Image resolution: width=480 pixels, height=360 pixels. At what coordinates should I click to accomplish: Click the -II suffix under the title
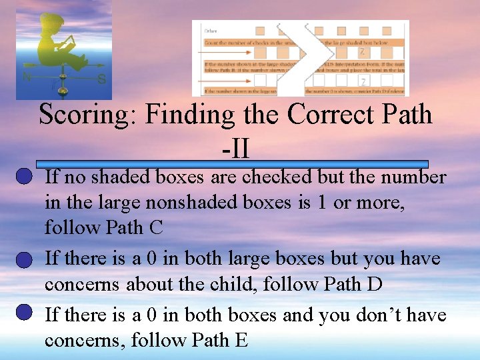click(x=236, y=148)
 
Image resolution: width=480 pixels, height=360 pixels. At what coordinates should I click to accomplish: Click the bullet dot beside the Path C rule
click(x=23, y=177)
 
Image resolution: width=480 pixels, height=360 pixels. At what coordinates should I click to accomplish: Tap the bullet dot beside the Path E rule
click(x=23, y=312)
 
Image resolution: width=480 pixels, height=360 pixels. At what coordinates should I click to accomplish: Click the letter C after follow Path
click(x=155, y=228)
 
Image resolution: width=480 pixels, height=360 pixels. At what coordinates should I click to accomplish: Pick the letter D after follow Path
click(x=375, y=285)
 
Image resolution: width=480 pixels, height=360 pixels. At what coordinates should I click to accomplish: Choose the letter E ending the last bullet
click(x=241, y=341)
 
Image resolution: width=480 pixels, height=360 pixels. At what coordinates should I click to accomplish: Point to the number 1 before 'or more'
click(x=322, y=203)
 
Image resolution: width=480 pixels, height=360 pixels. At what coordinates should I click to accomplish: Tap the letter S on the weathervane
click(x=101, y=79)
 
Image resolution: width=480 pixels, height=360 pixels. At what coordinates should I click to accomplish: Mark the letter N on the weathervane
click(x=27, y=77)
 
